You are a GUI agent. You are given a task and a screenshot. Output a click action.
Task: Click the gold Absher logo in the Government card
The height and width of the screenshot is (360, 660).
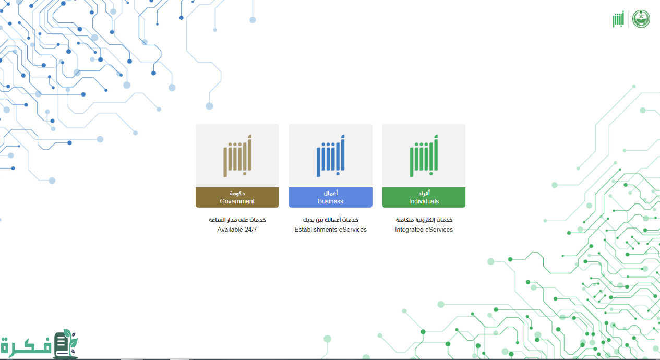tap(237, 156)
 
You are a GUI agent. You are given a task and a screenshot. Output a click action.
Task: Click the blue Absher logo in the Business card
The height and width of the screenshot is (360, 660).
tap(331, 156)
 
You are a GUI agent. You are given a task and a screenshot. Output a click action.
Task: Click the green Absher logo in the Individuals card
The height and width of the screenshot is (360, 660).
tap(424, 156)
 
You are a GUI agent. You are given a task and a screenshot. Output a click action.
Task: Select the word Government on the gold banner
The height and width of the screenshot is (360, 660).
tap(237, 201)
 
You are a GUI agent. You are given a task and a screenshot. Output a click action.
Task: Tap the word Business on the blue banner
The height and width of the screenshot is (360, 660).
tap(331, 201)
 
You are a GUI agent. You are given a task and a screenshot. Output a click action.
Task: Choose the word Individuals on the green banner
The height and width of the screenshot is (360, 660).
tap(424, 201)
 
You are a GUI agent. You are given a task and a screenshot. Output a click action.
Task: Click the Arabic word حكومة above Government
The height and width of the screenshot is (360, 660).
tap(237, 193)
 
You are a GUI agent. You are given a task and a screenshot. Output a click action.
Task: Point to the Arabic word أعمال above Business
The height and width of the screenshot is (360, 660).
tap(331, 193)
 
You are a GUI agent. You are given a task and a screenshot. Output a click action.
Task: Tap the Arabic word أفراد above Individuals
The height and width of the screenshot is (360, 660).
tap(424, 193)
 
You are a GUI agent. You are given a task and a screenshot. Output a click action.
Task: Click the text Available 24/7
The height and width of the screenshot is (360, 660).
tap(237, 230)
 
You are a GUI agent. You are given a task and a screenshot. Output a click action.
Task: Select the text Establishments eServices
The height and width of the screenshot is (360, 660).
tap(331, 230)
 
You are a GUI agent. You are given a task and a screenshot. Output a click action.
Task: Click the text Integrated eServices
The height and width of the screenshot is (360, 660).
tap(424, 230)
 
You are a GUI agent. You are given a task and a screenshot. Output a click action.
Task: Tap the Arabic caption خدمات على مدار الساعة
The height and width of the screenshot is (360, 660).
tap(237, 220)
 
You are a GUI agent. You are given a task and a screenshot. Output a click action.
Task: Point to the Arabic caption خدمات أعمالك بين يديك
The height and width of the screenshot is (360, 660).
tap(331, 220)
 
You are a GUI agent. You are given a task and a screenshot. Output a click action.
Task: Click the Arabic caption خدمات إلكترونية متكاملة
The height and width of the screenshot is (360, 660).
tap(424, 220)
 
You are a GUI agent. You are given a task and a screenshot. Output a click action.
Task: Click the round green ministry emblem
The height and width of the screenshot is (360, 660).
tap(641, 19)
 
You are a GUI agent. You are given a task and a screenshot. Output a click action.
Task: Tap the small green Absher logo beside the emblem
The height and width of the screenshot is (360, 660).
tap(618, 19)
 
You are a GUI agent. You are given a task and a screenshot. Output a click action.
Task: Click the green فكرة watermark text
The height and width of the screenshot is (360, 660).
tap(26, 345)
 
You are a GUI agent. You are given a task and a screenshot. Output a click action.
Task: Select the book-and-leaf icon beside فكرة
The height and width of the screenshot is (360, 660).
tap(66, 343)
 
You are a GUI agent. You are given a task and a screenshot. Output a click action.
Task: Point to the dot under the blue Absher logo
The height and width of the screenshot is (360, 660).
tap(338, 174)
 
